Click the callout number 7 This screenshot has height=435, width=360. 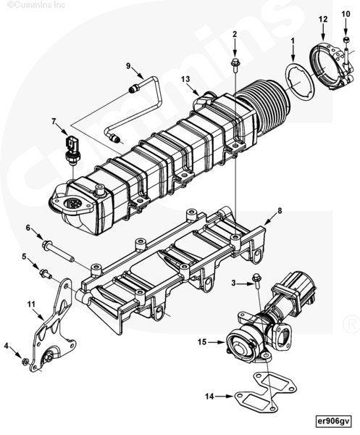coord(54,121)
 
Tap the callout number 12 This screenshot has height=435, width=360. coord(323,19)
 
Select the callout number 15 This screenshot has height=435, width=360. coord(202,342)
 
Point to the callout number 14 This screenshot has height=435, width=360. coord(210,396)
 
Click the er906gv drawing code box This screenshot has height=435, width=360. coord(334,421)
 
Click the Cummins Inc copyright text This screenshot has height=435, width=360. coord(36,5)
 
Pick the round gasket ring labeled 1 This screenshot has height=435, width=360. coord(299,81)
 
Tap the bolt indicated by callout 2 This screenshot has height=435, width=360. coord(235,65)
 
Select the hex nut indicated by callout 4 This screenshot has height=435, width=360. coord(25,362)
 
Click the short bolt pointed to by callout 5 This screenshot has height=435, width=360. coord(46,273)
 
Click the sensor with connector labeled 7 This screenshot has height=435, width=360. coord(72,150)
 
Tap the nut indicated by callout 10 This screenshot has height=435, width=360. coord(346,40)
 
